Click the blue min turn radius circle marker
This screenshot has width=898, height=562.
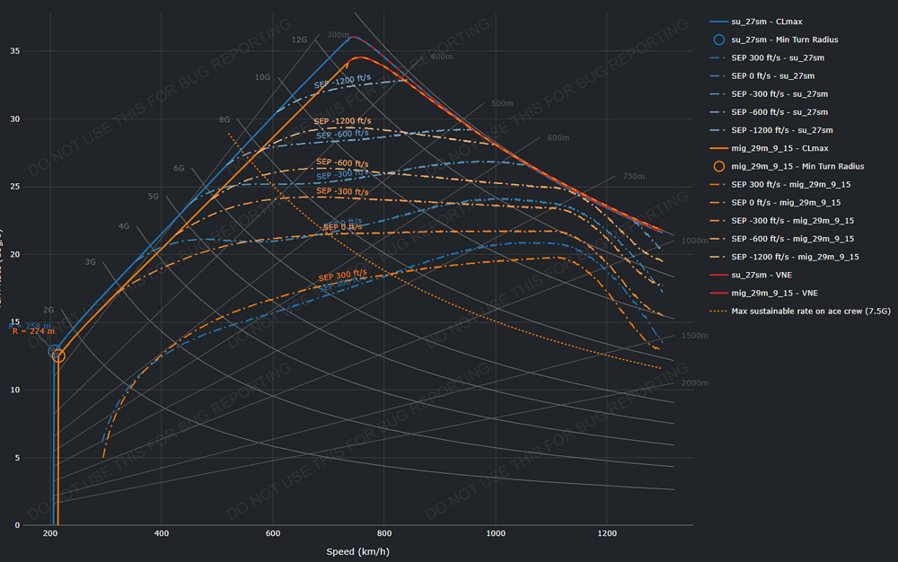point(55,352)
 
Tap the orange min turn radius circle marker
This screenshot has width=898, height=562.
point(58,356)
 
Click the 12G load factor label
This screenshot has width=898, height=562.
point(299,40)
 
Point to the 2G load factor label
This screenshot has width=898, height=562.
point(48,309)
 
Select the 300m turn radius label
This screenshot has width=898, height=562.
point(338,35)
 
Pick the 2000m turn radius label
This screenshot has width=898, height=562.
point(694,382)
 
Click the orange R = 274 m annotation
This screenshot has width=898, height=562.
point(33,332)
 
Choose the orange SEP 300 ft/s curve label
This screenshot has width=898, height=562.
point(340,273)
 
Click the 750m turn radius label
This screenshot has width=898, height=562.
point(634,177)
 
